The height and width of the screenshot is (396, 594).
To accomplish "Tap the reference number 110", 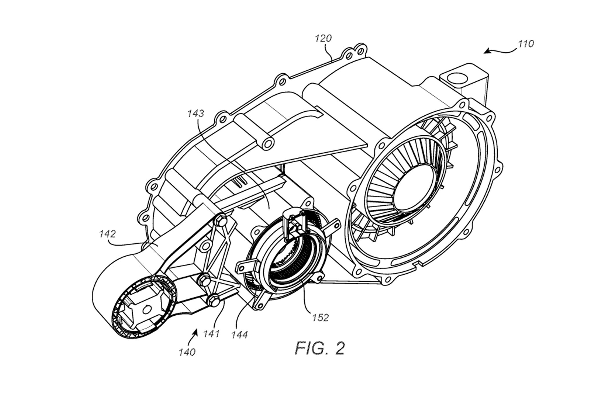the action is tap(526, 44).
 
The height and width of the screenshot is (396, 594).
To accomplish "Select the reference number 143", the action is tap(195, 113).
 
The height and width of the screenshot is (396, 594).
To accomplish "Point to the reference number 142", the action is tap(108, 234).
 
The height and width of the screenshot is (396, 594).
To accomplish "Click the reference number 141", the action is tap(211, 334).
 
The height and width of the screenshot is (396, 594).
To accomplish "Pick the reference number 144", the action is tap(240, 335).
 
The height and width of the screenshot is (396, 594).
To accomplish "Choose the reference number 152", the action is tap(320, 318).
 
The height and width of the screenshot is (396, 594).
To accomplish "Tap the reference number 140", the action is tap(187, 352).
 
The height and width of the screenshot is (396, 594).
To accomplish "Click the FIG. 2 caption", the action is tap(320, 348).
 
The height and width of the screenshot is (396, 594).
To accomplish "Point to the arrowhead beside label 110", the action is tap(486, 52).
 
